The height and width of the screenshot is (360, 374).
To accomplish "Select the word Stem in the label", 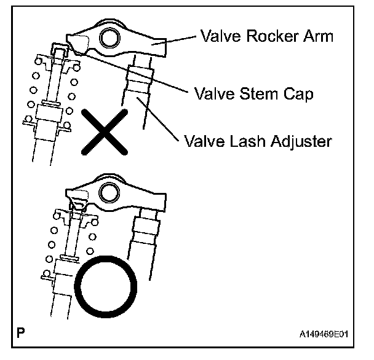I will click(259, 94).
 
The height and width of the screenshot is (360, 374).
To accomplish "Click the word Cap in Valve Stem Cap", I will click(299, 94).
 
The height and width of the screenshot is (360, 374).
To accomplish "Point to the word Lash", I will click(246, 141).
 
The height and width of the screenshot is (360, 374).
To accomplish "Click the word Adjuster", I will click(301, 142).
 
